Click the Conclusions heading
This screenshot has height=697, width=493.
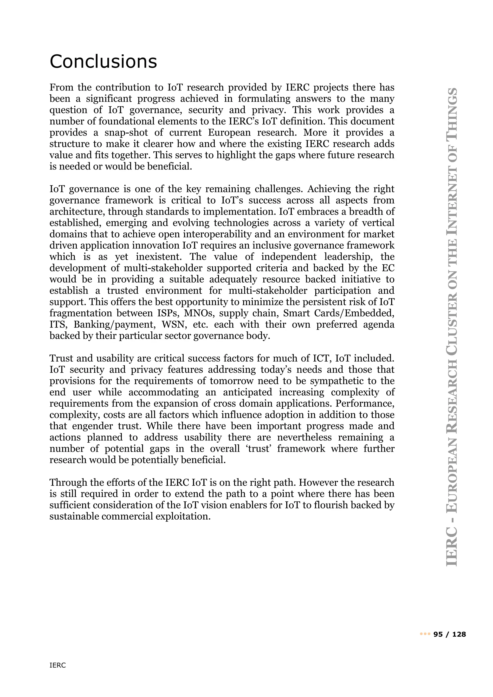pyautogui.click(x=103, y=62)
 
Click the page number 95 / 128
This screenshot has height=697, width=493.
pyautogui.click(x=450, y=634)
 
